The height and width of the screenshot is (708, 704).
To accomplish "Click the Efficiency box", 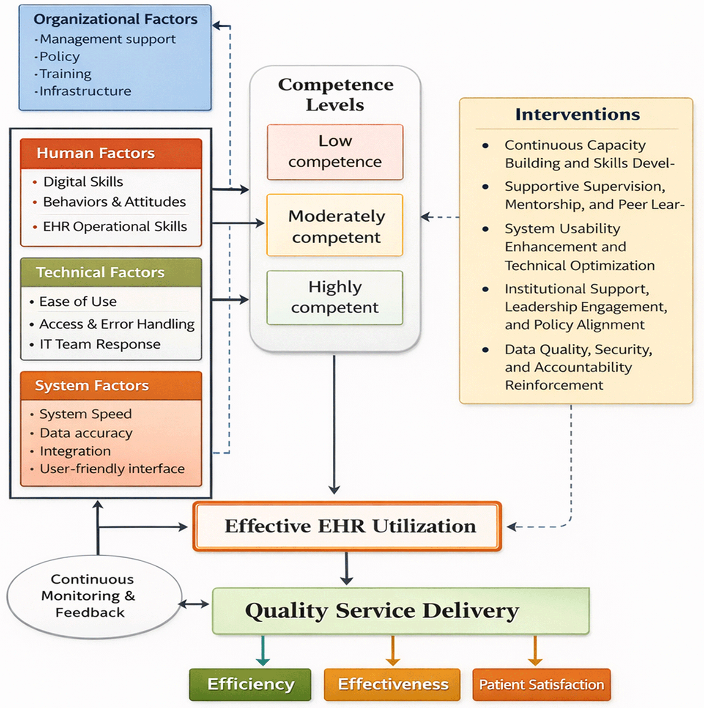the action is (250, 684).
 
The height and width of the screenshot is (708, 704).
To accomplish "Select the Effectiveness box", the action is (392, 684).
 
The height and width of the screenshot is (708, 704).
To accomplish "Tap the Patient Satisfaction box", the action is (542, 684).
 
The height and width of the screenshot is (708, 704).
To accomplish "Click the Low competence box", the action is (335, 152).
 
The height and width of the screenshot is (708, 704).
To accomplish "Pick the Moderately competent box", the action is (335, 225).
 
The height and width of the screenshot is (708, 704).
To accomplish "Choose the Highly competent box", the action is (335, 297).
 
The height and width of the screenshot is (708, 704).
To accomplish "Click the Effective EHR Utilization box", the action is (347, 526).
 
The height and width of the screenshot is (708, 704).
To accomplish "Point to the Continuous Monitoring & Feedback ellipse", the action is (94, 596).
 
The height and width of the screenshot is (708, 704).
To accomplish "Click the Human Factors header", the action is (111, 154).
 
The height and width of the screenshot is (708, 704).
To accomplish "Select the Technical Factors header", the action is (111, 272).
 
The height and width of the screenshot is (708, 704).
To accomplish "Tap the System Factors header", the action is (111, 386).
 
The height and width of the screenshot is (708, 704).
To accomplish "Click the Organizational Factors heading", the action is (115, 19).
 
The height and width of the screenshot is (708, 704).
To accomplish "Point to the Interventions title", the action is (578, 114).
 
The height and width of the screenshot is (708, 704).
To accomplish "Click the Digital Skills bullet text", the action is (83, 182).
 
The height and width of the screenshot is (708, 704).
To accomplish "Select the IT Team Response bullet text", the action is (100, 345).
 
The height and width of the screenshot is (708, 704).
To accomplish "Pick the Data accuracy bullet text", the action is (86, 433).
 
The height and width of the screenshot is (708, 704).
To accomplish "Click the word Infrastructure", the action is (85, 91).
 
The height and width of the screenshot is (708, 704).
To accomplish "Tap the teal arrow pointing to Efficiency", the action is (263, 650).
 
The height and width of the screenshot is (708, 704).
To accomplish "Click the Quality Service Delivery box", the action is (400, 611).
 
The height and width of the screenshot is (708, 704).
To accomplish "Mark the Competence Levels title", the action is (335, 94).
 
